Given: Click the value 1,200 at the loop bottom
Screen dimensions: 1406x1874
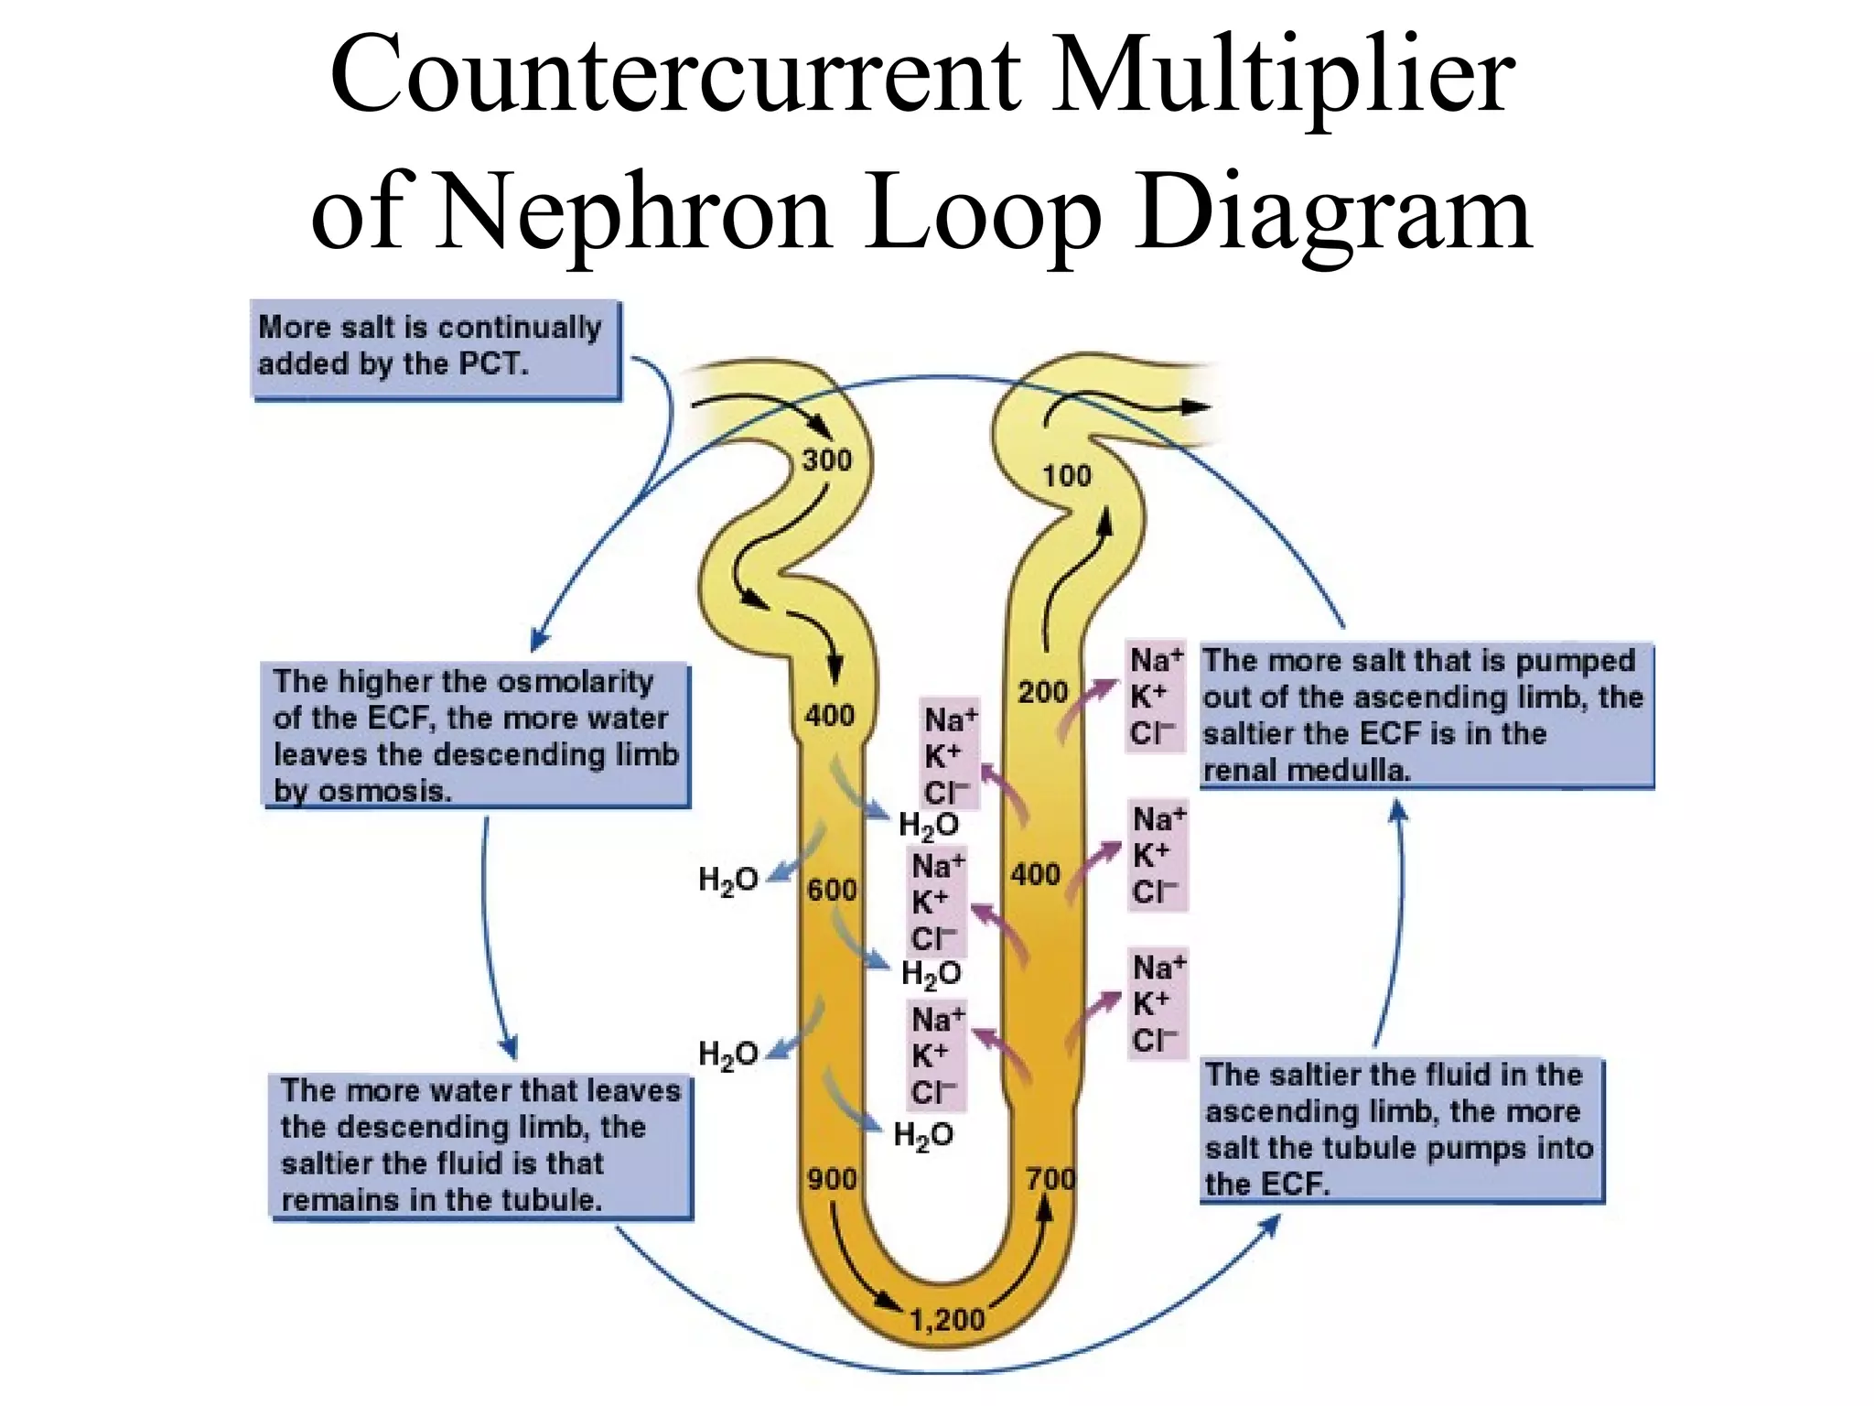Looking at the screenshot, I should click(x=946, y=1319).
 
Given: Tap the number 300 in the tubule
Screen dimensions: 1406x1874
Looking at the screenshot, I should click(x=826, y=460).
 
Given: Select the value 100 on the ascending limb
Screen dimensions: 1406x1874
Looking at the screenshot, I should click(x=1067, y=475).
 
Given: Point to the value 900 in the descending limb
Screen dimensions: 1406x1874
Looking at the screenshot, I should click(x=831, y=1179).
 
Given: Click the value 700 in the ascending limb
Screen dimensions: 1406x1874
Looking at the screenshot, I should click(x=1050, y=1179).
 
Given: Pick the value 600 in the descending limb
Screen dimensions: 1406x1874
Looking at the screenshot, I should click(x=831, y=890).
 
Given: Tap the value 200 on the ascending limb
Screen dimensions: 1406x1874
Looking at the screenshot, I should click(x=1043, y=692).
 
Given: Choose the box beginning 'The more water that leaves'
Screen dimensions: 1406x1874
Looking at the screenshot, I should click(x=481, y=1146).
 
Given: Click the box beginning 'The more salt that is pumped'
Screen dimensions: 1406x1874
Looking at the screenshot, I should click(x=1426, y=715).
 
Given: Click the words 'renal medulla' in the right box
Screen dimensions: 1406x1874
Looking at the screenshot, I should click(x=1306, y=771).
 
